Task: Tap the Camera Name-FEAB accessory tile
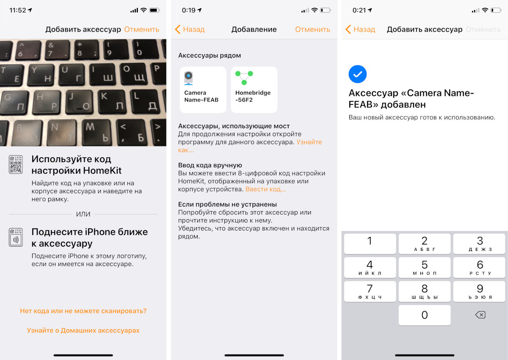203,90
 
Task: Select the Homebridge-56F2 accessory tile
254,90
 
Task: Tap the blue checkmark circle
357,74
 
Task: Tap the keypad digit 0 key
424,315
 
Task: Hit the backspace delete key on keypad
480,315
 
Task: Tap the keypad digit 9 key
479,291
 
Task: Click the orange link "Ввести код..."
265,189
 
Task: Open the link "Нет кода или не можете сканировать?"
83,311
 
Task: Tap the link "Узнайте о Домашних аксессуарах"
83,330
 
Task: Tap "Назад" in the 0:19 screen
190,30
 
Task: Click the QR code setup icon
16,165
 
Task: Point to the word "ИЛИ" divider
83,214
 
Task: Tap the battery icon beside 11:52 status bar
155,10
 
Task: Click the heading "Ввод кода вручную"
210,165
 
